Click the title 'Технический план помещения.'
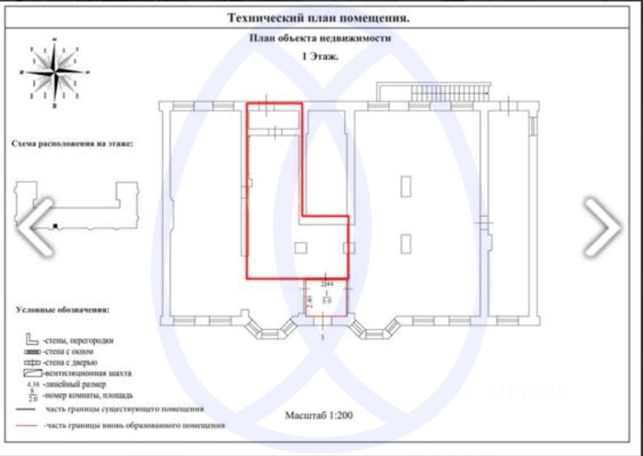[x=318, y=17]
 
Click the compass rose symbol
[x=55, y=72]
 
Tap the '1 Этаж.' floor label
[x=320, y=57]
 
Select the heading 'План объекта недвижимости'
[x=320, y=38]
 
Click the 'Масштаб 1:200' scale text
[x=318, y=415]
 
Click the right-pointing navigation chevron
[x=602, y=227]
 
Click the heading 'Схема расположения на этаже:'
[x=72, y=144]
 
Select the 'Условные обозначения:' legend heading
[x=63, y=310]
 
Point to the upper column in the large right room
[x=407, y=185]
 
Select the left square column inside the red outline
[x=301, y=247]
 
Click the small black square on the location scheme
[x=55, y=226]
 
